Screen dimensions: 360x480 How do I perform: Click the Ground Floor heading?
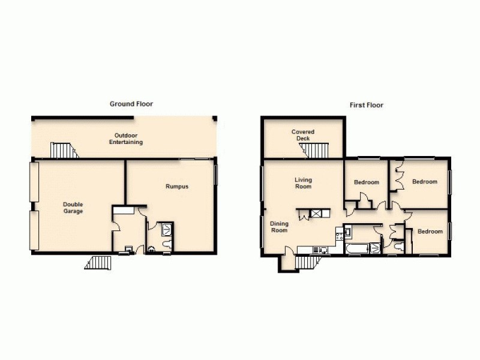pyautogui.click(x=131, y=104)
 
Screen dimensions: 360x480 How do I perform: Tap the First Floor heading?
pyautogui.click(x=366, y=105)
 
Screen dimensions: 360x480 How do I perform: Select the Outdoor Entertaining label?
pyautogui.click(x=125, y=139)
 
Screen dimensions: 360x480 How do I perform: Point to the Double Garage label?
pyautogui.click(x=73, y=208)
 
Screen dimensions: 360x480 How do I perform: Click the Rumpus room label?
pyautogui.click(x=177, y=187)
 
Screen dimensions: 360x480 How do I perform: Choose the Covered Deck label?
pyautogui.click(x=303, y=135)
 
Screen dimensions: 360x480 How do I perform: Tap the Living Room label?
pyautogui.click(x=303, y=183)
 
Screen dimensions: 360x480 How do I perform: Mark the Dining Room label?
pyautogui.click(x=279, y=227)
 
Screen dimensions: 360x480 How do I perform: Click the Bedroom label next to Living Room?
pyautogui.click(x=366, y=182)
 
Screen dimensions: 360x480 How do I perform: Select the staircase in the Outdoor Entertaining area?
pyautogui.click(x=64, y=150)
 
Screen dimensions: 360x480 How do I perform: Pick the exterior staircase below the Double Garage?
pyautogui.click(x=98, y=262)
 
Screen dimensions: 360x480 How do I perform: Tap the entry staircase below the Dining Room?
pyautogui.click(x=306, y=262)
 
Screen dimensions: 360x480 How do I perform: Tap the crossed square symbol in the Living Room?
pyautogui.click(x=316, y=213)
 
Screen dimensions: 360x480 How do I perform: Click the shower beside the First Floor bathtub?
pyautogui.click(x=375, y=247)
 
